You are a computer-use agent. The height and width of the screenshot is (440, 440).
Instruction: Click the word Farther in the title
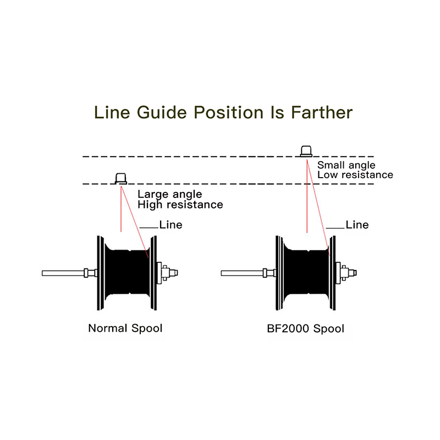point(322,112)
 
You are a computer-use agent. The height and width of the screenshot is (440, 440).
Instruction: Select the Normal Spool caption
point(125,329)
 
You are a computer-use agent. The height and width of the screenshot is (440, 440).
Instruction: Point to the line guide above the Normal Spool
point(120,178)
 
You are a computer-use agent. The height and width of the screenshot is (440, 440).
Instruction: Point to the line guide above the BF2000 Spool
point(306,151)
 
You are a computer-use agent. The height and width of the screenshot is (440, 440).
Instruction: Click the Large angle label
point(169,194)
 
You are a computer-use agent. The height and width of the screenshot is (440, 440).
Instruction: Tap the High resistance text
point(180,205)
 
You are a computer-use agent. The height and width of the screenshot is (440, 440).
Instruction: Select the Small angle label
point(346,165)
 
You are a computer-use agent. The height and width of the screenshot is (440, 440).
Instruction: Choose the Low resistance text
point(355,175)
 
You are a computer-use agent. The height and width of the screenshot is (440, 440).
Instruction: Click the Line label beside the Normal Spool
point(170,224)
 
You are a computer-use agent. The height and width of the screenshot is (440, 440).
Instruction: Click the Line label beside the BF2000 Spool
point(357,224)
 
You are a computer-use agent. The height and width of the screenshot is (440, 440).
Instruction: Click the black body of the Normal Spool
point(127,272)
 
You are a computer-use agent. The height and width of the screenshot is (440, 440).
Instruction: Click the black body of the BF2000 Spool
point(305,272)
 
